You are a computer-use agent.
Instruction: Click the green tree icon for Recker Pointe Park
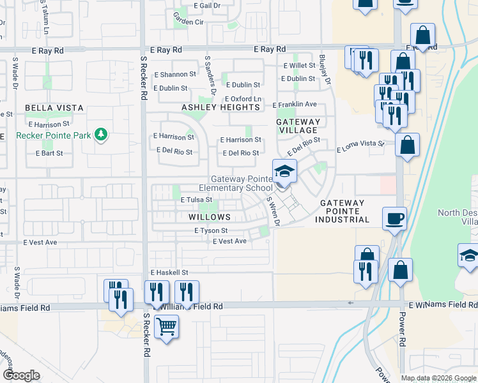(x=100, y=134)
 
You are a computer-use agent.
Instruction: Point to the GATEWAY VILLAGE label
(x=298, y=126)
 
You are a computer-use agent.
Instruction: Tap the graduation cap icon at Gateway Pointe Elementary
(x=285, y=171)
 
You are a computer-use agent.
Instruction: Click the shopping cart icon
(x=166, y=326)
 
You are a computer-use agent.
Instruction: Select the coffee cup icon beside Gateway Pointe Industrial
(x=394, y=218)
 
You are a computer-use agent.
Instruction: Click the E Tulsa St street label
(x=196, y=200)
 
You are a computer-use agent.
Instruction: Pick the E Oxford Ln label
(x=243, y=99)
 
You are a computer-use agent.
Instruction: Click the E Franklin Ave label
(x=295, y=104)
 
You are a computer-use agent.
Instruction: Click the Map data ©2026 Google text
(x=438, y=378)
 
